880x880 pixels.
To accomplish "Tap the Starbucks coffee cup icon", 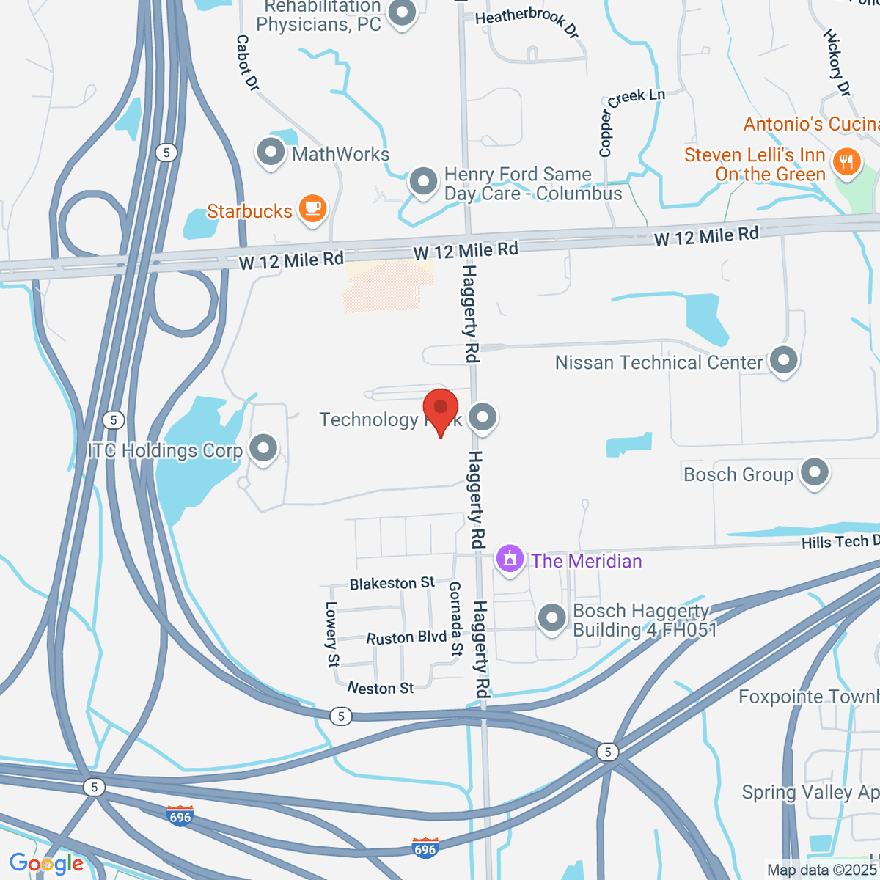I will click(x=313, y=208).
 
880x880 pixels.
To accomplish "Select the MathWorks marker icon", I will click(x=271, y=153).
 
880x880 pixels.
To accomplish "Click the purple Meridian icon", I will click(x=510, y=560).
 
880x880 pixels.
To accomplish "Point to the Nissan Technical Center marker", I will click(x=784, y=361).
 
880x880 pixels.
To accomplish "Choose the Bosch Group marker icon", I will click(x=815, y=473).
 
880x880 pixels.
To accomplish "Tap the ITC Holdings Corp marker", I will click(x=263, y=448).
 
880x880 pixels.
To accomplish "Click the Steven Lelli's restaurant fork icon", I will click(x=847, y=162).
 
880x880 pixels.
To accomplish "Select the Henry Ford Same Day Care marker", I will click(x=423, y=181).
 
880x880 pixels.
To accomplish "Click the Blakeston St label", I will click(x=392, y=584).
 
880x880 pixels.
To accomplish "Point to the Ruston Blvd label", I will click(x=406, y=637).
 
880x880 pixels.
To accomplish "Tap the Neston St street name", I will click(x=381, y=688).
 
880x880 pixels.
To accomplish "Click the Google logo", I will click(x=46, y=864).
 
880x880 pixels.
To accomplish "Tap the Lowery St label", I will click(x=332, y=634).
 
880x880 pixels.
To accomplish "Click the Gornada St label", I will click(x=455, y=618).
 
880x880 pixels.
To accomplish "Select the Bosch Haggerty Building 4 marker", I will click(x=551, y=617).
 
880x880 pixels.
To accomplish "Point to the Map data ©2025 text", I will click(x=821, y=870).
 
